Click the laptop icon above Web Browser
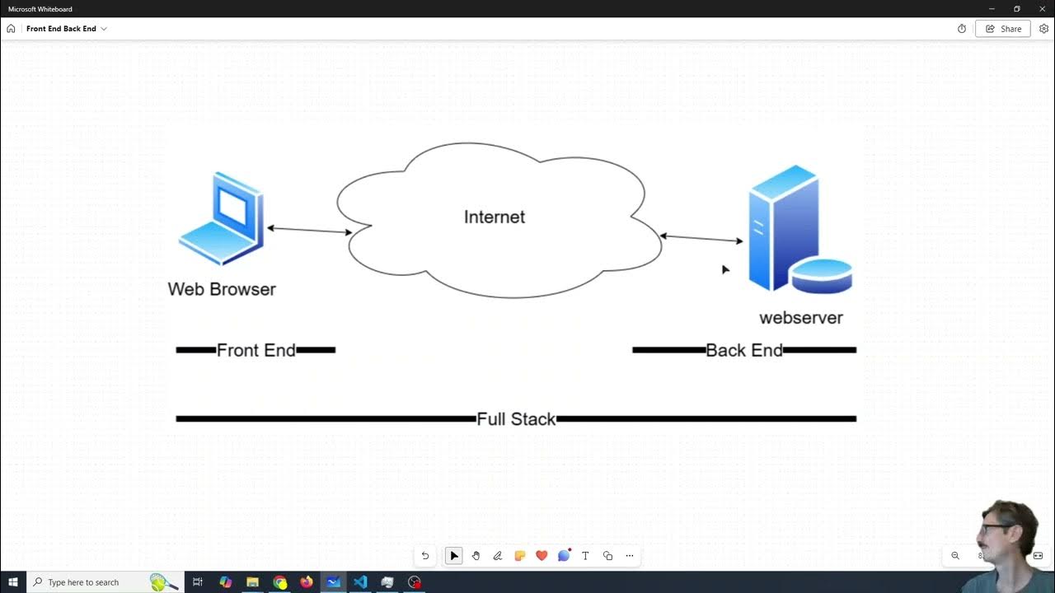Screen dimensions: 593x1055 click(x=221, y=218)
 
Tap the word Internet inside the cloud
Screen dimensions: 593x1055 click(x=495, y=217)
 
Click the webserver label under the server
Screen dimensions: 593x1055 click(x=800, y=318)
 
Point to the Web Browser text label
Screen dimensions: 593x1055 click(x=222, y=289)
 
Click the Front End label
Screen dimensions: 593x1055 click(x=256, y=350)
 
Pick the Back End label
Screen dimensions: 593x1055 click(x=744, y=350)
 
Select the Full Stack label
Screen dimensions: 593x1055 click(x=516, y=419)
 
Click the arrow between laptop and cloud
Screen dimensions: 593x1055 click(x=309, y=230)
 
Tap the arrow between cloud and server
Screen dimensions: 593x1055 click(x=701, y=239)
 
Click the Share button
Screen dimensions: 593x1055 click(x=1003, y=29)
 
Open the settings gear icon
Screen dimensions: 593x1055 click(x=1043, y=29)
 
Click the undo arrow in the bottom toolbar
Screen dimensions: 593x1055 click(x=425, y=556)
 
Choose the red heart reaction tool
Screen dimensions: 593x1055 click(x=542, y=556)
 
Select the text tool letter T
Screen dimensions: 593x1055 click(x=585, y=556)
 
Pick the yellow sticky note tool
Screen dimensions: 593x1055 click(x=519, y=556)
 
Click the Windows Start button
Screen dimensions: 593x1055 click(x=13, y=582)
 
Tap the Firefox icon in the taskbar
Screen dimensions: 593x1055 click(x=307, y=582)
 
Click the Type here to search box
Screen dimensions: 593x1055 click(x=91, y=582)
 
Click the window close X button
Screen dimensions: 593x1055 click(x=1042, y=8)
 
